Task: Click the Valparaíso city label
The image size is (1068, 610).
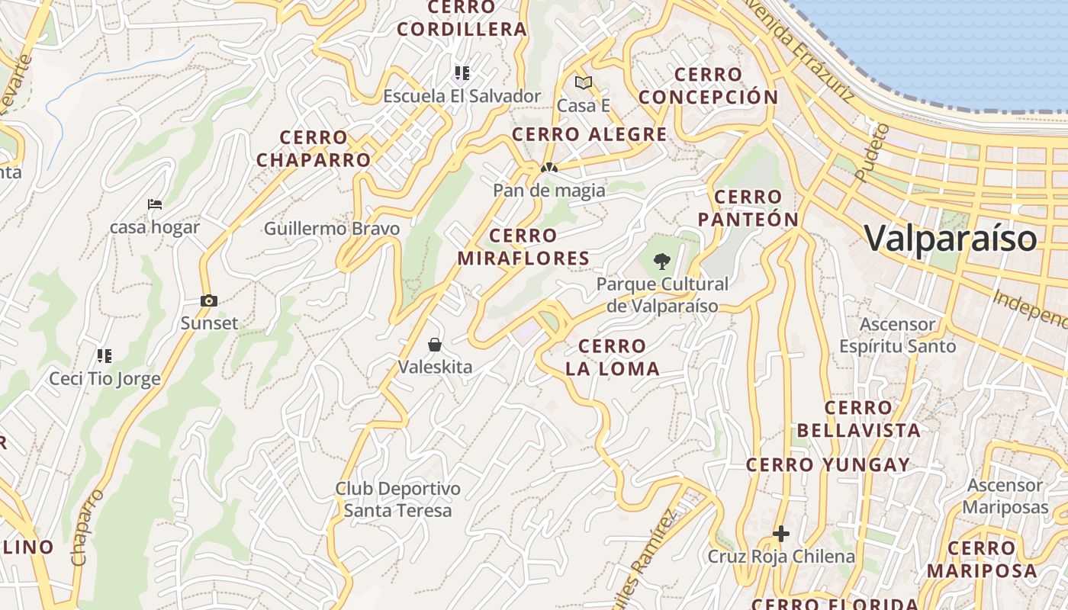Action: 951,238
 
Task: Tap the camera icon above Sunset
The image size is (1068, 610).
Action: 208,301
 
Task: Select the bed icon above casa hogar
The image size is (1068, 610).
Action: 155,204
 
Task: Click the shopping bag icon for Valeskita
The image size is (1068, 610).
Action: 435,345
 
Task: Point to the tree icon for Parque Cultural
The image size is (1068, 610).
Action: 662,262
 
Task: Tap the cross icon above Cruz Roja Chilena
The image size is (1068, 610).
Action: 780,534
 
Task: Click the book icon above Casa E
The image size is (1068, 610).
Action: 584,82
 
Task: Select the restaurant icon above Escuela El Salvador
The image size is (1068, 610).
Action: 462,73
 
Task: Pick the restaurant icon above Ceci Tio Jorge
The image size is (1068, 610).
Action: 105,355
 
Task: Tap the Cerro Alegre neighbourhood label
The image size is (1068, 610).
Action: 589,135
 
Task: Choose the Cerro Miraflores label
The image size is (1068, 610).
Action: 523,247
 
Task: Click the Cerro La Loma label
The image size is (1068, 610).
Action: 612,358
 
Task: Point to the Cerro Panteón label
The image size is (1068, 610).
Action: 748,208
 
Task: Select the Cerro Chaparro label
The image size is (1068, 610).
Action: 314,149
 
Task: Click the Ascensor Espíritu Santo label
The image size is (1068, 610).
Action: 897,335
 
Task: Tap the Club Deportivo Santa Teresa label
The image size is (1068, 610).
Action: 397,499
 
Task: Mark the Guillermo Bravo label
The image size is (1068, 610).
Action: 332,229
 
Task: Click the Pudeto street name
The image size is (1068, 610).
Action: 872,153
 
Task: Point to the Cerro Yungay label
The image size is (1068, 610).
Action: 828,464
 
